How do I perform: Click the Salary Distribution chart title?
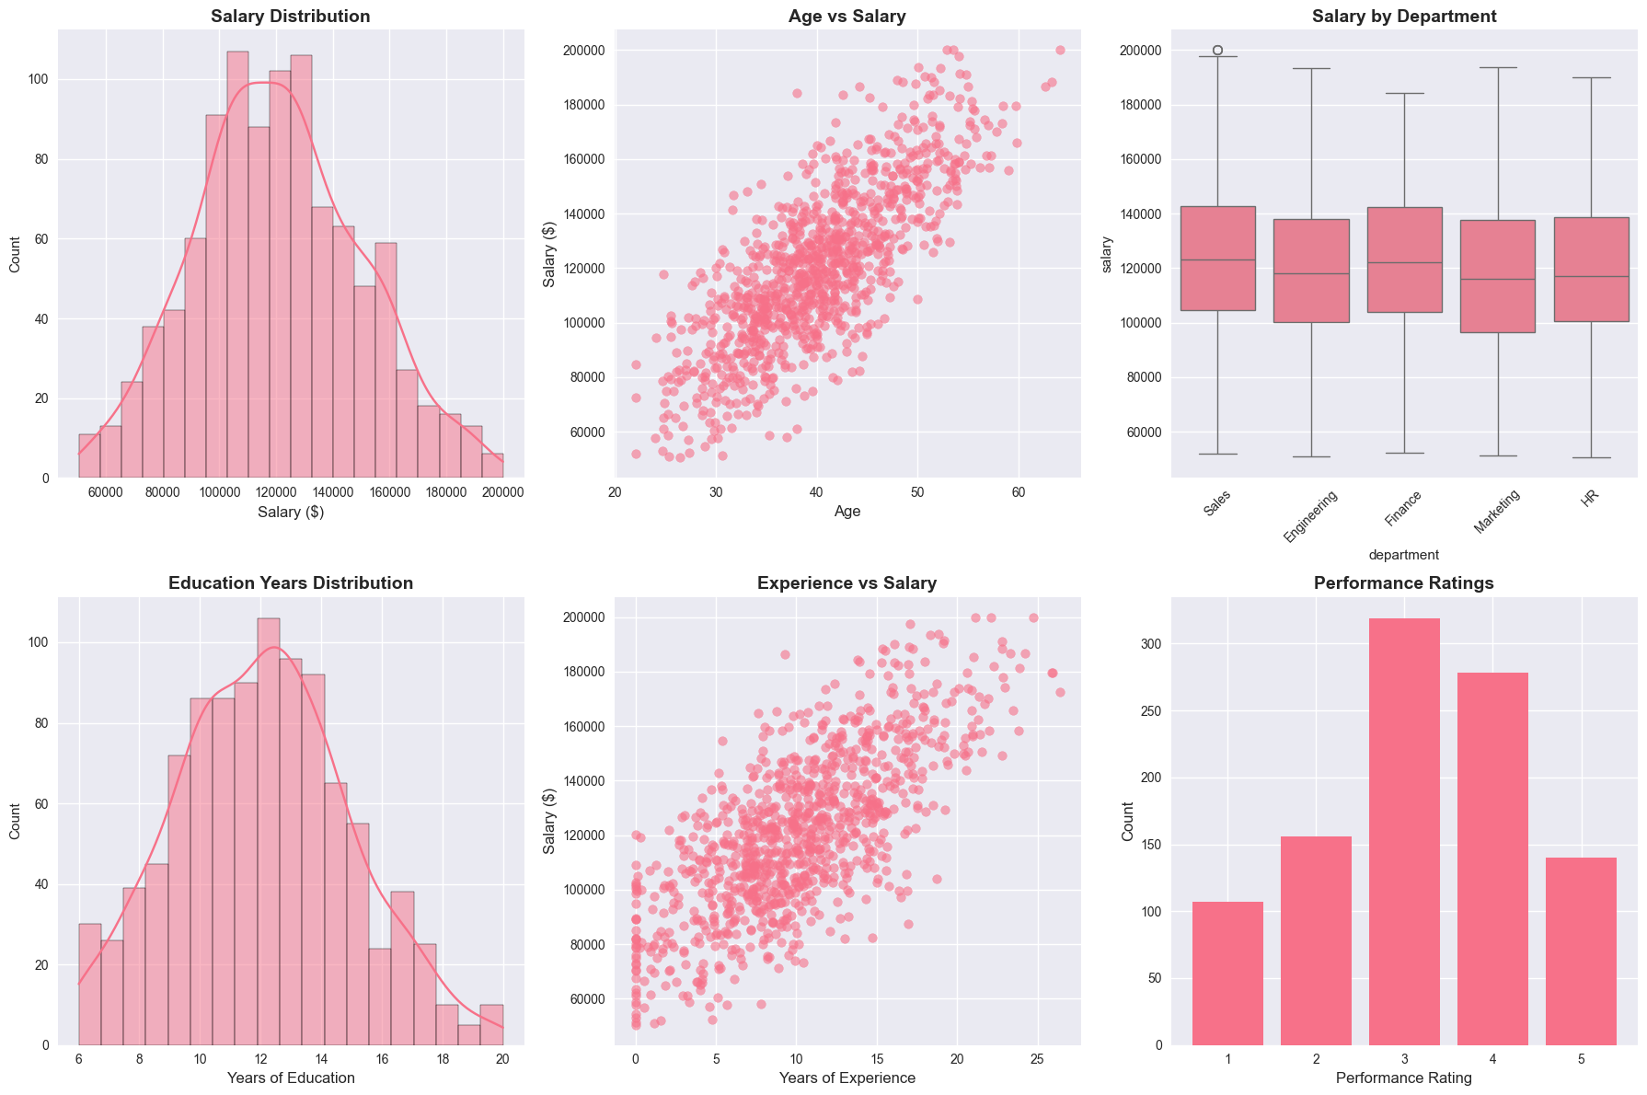291,17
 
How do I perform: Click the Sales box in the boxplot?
1217,259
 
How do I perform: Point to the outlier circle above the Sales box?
1217,50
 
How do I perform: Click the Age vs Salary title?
847,17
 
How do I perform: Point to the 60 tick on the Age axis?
1018,492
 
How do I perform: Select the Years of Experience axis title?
847,1078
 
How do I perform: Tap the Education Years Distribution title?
291,583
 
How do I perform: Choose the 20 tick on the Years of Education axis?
503,1059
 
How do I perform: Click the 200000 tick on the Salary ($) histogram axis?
503,492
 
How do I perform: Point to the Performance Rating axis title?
1404,1078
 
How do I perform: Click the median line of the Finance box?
1404,263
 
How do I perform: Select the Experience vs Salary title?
847,583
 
